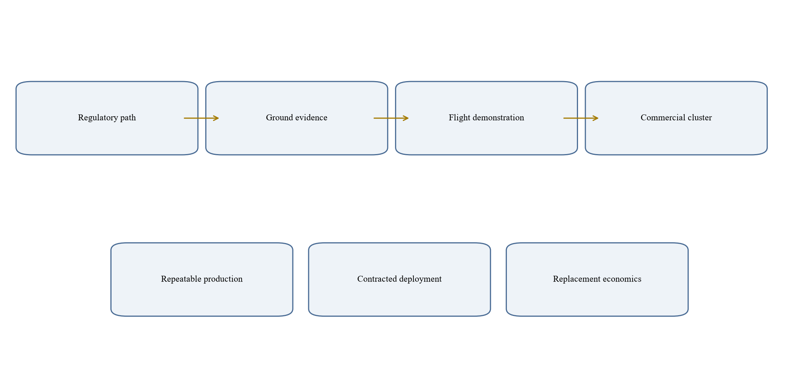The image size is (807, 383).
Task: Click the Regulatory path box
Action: pyautogui.click(x=107, y=118)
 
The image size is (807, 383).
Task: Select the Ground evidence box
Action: pyautogui.click(x=296, y=118)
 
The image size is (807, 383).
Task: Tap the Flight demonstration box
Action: pyautogui.click(x=486, y=118)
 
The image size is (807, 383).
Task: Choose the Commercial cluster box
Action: pyautogui.click(x=676, y=118)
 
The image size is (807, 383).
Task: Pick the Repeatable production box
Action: pyautogui.click(x=202, y=280)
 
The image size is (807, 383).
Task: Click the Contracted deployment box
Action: pyautogui.click(x=399, y=280)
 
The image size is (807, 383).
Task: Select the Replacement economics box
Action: pyautogui.click(x=597, y=280)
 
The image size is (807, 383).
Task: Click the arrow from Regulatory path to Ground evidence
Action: pyautogui.click(x=201, y=118)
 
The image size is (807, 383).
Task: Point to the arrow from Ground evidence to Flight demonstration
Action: pyautogui.click(x=391, y=118)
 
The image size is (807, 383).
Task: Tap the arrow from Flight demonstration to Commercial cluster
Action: pyautogui.click(x=581, y=118)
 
